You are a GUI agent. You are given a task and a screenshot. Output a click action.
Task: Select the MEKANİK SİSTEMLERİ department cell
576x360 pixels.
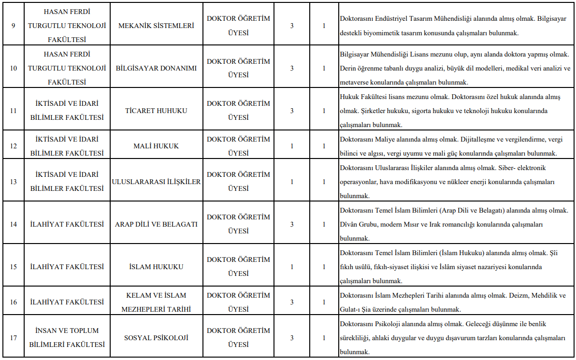point(156,26)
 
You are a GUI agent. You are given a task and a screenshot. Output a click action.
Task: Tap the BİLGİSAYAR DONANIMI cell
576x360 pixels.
point(156,68)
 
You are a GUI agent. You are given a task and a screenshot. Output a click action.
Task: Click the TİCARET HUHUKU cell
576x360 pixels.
point(156,111)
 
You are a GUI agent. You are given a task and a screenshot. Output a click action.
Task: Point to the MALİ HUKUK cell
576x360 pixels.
point(156,146)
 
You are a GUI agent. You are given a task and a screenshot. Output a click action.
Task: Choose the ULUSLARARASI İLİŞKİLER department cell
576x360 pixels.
point(156,182)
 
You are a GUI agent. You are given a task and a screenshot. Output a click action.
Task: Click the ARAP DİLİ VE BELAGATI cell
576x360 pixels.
point(156,224)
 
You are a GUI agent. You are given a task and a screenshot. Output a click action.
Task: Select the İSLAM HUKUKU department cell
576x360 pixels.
point(156,267)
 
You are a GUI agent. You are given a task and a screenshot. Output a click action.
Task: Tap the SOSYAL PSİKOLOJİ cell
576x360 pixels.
point(156,338)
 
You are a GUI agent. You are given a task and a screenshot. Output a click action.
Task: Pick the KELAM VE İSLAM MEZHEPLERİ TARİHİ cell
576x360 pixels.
point(156,302)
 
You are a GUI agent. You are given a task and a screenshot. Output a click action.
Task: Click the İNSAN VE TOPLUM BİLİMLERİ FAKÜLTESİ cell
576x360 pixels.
point(67,338)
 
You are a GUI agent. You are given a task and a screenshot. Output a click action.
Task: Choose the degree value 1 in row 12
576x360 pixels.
point(292,146)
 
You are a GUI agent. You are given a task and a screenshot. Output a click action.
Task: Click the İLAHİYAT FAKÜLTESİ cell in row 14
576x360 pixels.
point(67,224)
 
